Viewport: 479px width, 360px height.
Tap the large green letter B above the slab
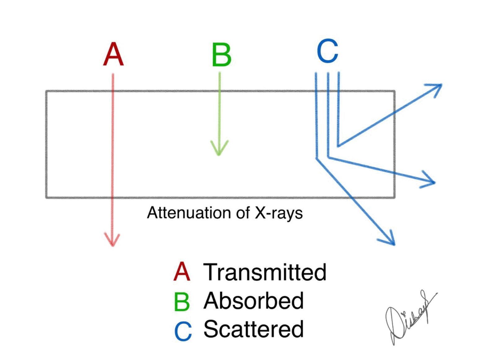[221, 55]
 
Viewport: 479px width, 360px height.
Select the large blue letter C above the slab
[327, 51]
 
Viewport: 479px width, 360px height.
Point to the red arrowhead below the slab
[112, 240]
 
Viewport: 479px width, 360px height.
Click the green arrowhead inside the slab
[219, 148]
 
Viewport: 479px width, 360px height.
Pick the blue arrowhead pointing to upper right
[435, 88]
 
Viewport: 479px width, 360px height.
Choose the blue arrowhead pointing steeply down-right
[389, 239]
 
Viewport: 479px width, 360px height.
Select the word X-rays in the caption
[278, 214]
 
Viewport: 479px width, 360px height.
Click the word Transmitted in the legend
[265, 272]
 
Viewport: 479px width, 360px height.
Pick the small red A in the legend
[182, 272]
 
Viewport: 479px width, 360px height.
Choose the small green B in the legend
[182, 301]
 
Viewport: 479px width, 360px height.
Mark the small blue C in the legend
[183, 331]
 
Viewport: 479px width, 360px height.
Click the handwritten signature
[409, 318]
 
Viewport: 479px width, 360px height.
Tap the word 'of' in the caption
[243, 213]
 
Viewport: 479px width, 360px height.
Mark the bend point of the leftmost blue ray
[317, 158]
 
